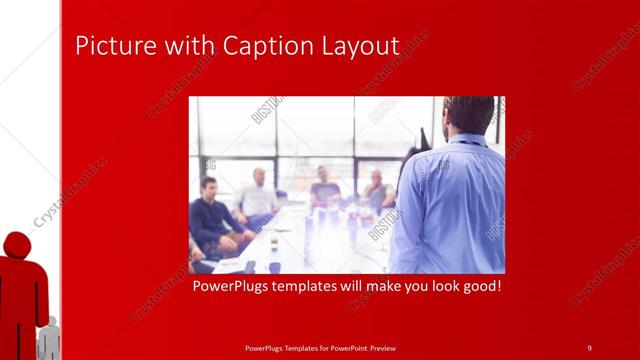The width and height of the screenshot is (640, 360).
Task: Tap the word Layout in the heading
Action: (356, 46)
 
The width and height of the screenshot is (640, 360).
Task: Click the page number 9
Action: (589, 347)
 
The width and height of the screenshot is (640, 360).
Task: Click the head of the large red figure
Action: (17, 244)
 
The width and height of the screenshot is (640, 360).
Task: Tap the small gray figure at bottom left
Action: (47, 340)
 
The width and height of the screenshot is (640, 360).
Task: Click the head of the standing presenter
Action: (468, 114)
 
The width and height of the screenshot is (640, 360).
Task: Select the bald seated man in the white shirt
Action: (257, 195)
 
